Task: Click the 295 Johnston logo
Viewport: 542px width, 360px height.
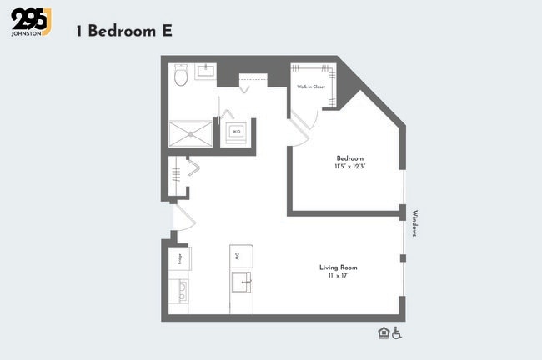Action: [31, 22]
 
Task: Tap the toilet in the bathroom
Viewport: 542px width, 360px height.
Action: [181, 77]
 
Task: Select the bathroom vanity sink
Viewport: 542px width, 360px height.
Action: [206, 72]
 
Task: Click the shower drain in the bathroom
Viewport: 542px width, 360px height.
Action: [191, 133]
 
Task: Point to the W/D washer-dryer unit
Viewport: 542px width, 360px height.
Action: [236, 132]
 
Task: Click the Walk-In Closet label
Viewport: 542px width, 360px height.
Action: [309, 86]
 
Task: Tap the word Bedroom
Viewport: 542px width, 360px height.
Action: [349, 158]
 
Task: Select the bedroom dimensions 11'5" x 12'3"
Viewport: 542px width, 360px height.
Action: [350, 167]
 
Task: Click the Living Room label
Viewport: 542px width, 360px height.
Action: [338, 267]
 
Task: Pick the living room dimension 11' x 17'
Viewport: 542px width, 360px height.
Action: [338, 276]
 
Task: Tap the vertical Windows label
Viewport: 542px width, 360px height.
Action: [414, 223]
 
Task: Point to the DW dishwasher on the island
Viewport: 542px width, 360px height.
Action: [238, 255]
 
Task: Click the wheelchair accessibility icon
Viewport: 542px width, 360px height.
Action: [397, 333]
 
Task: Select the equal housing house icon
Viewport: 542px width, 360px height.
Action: [383, 333]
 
